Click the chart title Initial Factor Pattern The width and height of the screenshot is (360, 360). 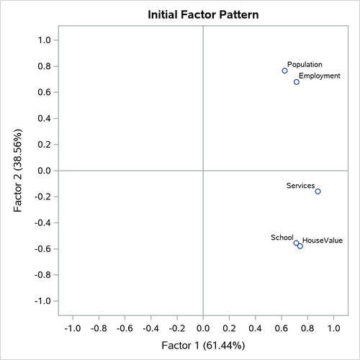(203, 14)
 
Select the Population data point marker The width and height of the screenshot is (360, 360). (284, 71)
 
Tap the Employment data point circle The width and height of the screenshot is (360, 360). (296, 82)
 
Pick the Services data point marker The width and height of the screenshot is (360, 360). (318, 192)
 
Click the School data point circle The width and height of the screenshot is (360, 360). (296, 243)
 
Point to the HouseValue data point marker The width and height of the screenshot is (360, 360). (300, 246)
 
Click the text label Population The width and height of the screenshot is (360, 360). (305, 64)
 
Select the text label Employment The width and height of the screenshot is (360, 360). (320, 76)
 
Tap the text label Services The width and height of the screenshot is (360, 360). (300, 186)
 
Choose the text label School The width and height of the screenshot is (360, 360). (282, 237)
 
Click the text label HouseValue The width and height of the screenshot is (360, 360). (323, 240)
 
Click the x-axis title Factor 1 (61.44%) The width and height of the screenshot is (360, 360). (203, 346)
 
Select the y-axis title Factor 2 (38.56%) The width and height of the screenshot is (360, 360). (17, 171)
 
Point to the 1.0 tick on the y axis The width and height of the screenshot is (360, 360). (43, 40)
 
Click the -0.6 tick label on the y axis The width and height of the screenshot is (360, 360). (42, 249)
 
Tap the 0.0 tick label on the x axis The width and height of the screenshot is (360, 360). (203, 328)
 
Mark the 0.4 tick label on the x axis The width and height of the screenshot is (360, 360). (255, 328)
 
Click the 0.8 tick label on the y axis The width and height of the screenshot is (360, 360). (43, 66)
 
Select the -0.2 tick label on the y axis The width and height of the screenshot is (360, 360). (42, 197)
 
